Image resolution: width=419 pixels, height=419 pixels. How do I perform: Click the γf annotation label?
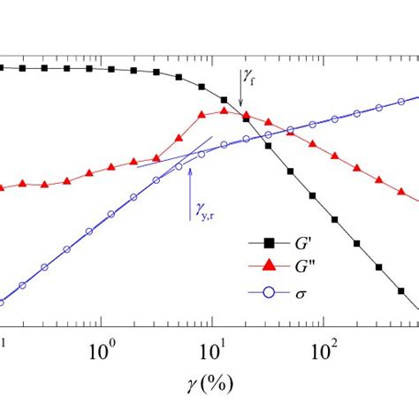(x=250, y=80)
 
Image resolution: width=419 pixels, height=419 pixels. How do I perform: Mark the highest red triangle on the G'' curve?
(x=225, y=110)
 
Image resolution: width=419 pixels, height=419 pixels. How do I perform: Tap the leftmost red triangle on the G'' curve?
(x=3, y=187)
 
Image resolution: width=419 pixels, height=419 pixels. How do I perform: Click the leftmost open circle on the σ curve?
(x=3, y=302)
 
